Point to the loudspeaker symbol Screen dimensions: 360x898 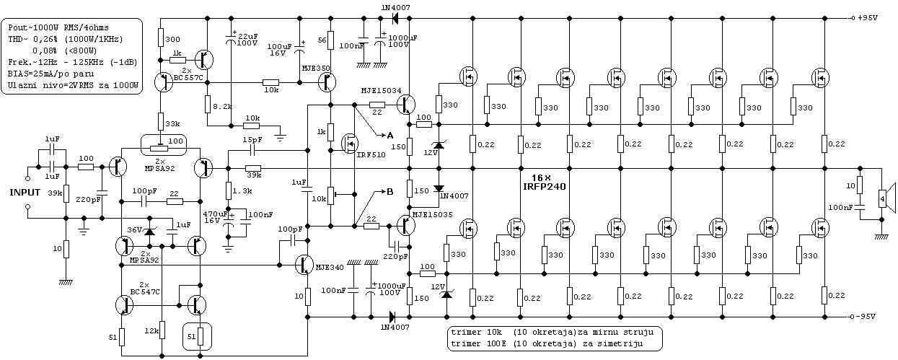(x=886, y=196)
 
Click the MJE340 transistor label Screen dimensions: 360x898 (x=330, y=268)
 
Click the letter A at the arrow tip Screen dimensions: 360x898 (x=390, y=135)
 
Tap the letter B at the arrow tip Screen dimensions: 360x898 (x=389, y=192)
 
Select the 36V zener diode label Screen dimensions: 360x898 (x=135, y=230)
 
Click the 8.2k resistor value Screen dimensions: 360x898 (x=223, y=106)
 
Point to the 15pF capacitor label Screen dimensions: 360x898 (x=252, y=139)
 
